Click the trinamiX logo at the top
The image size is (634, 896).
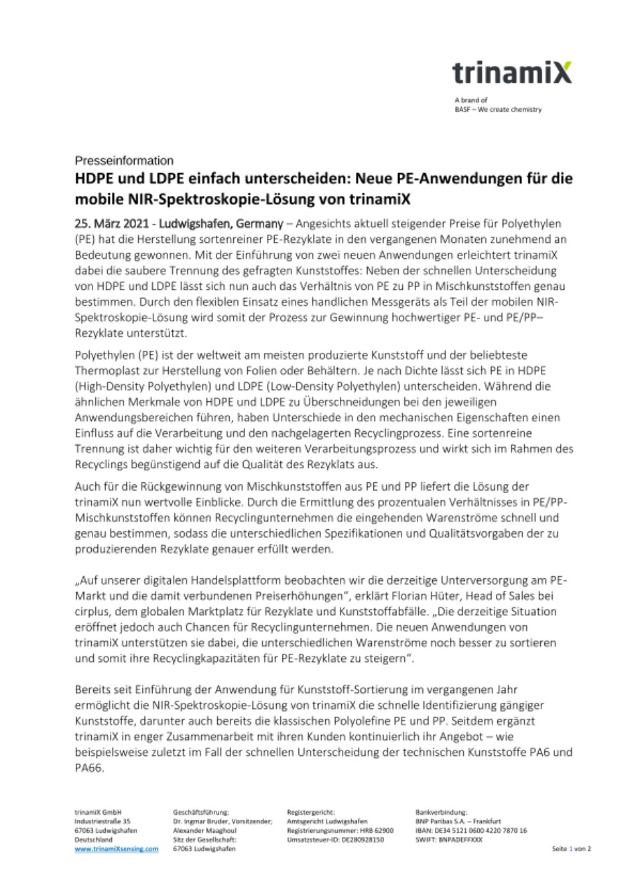pyautogui.click(x=511, y=73)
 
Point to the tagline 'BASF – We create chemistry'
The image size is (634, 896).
pyautogui.click(x=497, y=109)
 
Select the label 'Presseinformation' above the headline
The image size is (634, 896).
pyautogui.click(x=124, y=160)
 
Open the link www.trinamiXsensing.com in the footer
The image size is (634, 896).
pyautogui.click(x=116, y=849)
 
